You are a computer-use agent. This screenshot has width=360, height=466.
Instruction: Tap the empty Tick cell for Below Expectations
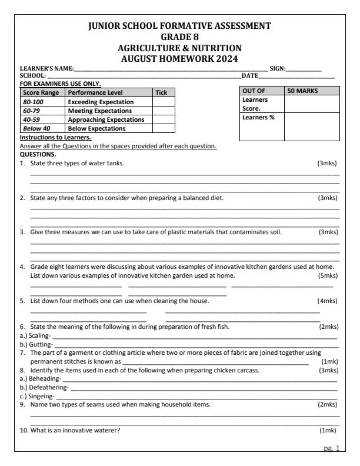[164, 128]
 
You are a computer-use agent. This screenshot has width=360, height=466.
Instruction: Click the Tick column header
[161, 93]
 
